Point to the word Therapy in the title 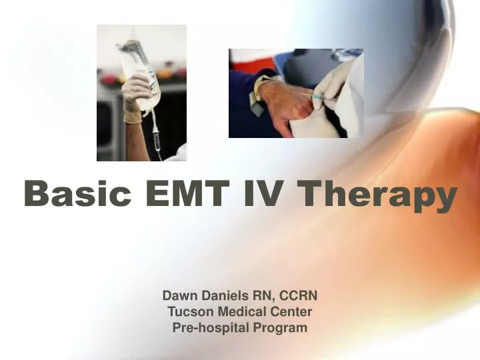pyautogui.click(x=377, y=195)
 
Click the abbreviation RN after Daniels pyautogui.click(x=258, y=295)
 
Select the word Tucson pyautogui.click(x=187, y=311)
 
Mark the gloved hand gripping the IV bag pyautogui.click(x=137, y=93)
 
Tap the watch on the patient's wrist pyautogui.click(x=257, y=93)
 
